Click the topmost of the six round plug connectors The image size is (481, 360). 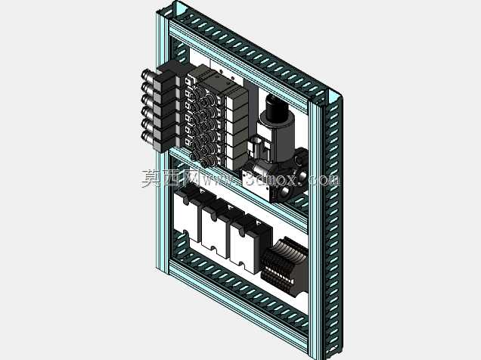(x=147, y=76)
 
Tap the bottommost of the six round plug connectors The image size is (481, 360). (x=147, y=136)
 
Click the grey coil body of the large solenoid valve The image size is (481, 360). (x=281, y=135)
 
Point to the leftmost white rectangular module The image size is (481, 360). (x=186, y=217)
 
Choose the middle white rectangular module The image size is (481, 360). (x=214, y=232)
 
